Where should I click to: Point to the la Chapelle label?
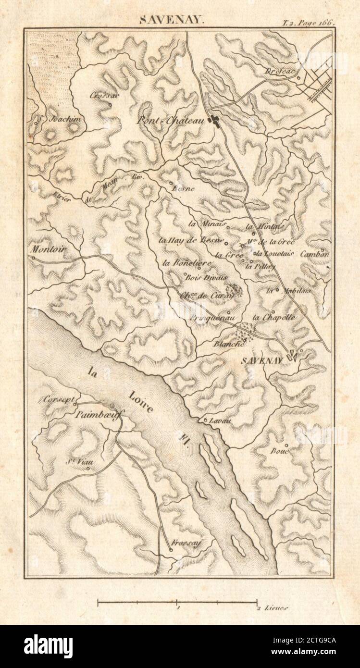point(273,317)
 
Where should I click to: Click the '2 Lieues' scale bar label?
point(273,608)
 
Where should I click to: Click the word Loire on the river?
point(141,403)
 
